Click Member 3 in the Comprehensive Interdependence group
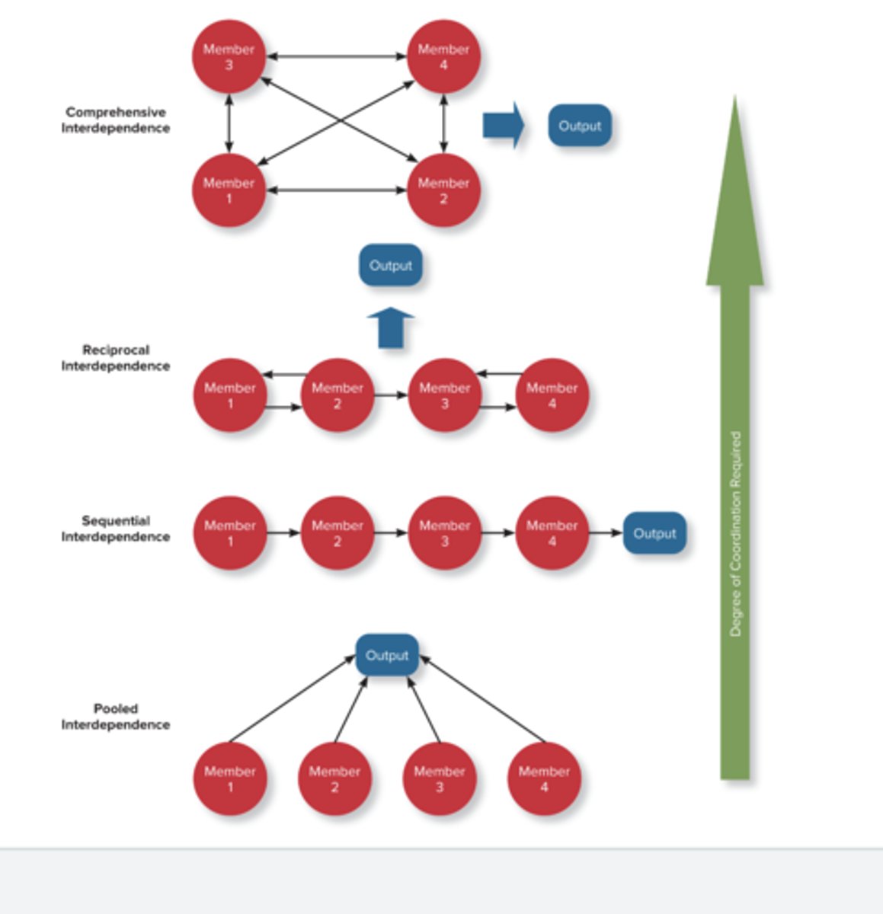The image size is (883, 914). point(229,57)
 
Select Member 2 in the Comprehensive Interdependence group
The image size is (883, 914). point(443,190)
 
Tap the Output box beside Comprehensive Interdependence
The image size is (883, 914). point(580,126)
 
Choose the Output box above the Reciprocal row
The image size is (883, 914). point(390,265)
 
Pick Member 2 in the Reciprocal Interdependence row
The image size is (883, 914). point(338,395)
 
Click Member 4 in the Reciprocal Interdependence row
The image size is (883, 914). point(552,395)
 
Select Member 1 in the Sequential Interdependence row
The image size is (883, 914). point(230,533)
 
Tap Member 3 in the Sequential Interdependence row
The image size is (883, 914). point(445,533)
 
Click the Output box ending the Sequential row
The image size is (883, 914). point(654,533)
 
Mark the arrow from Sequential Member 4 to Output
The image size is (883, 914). point(606,533)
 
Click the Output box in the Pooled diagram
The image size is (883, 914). point(387,655)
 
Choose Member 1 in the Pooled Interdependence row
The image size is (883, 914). point(230,778)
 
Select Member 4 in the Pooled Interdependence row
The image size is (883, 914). point(544,778)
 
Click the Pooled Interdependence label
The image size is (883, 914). point(116,717)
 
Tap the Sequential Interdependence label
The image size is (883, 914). point(116,529)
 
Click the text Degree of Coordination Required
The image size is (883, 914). point(735,533)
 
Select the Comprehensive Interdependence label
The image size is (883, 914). point(116,120)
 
